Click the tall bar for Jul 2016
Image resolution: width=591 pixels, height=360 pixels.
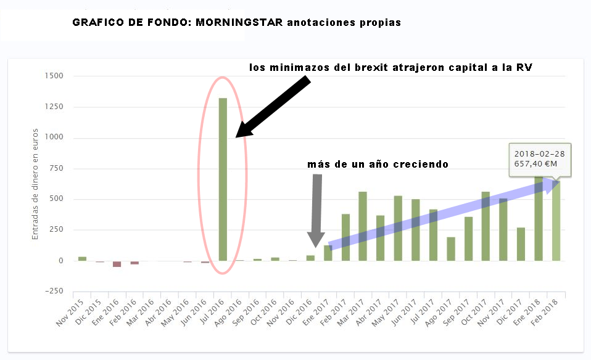click(x=223, y=179)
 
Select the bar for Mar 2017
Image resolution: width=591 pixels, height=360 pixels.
click(x=363, y=226)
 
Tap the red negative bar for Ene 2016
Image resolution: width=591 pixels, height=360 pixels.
click(x=117, y=264)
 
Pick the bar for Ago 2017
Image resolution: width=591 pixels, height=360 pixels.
click(x=451, y=249)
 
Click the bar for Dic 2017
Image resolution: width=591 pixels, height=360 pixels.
click(x=521, y=244)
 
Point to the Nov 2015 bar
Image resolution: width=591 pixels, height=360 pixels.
click(x=82, y=258)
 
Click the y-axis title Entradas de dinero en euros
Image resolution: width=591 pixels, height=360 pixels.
click(x=36, y=184)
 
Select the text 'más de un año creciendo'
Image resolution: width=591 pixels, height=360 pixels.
click(x=378, y=165)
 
